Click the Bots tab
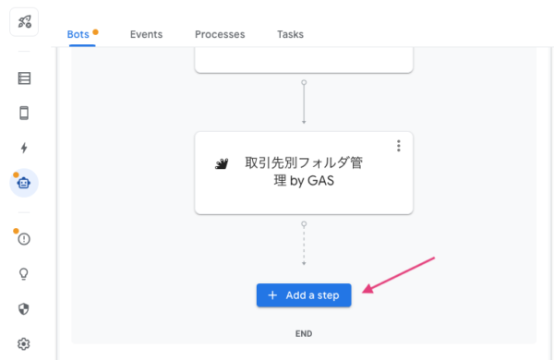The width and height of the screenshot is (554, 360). coord(78,35)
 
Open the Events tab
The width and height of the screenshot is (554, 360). coord(146,35)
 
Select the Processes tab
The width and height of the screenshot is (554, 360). coord(220,35)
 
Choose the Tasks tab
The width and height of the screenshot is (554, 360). coord(290,35)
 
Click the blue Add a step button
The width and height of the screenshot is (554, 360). coord(304,295)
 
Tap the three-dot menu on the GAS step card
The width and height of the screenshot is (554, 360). coord(399,146)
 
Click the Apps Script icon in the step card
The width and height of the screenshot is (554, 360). coord(222,164)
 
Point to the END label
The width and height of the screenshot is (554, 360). coord(304,333)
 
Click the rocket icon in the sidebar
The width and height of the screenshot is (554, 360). coord(24,21)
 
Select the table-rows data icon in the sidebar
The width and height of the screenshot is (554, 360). coord(24,78)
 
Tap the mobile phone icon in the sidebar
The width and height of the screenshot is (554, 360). coord(24,113)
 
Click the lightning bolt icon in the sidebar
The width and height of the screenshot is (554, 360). coord(24,148)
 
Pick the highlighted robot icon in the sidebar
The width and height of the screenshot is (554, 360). coord(24,183)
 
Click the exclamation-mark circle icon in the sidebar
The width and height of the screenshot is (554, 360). coord(24,239)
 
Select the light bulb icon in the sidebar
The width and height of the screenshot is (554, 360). coord(24,274)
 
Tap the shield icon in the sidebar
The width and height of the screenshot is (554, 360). coord(24,308)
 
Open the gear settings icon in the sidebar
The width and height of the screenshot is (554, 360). coord(24,343)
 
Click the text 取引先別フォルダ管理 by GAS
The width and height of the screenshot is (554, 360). coord(303,172)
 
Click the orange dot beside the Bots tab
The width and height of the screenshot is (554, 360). coord(95,31)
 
